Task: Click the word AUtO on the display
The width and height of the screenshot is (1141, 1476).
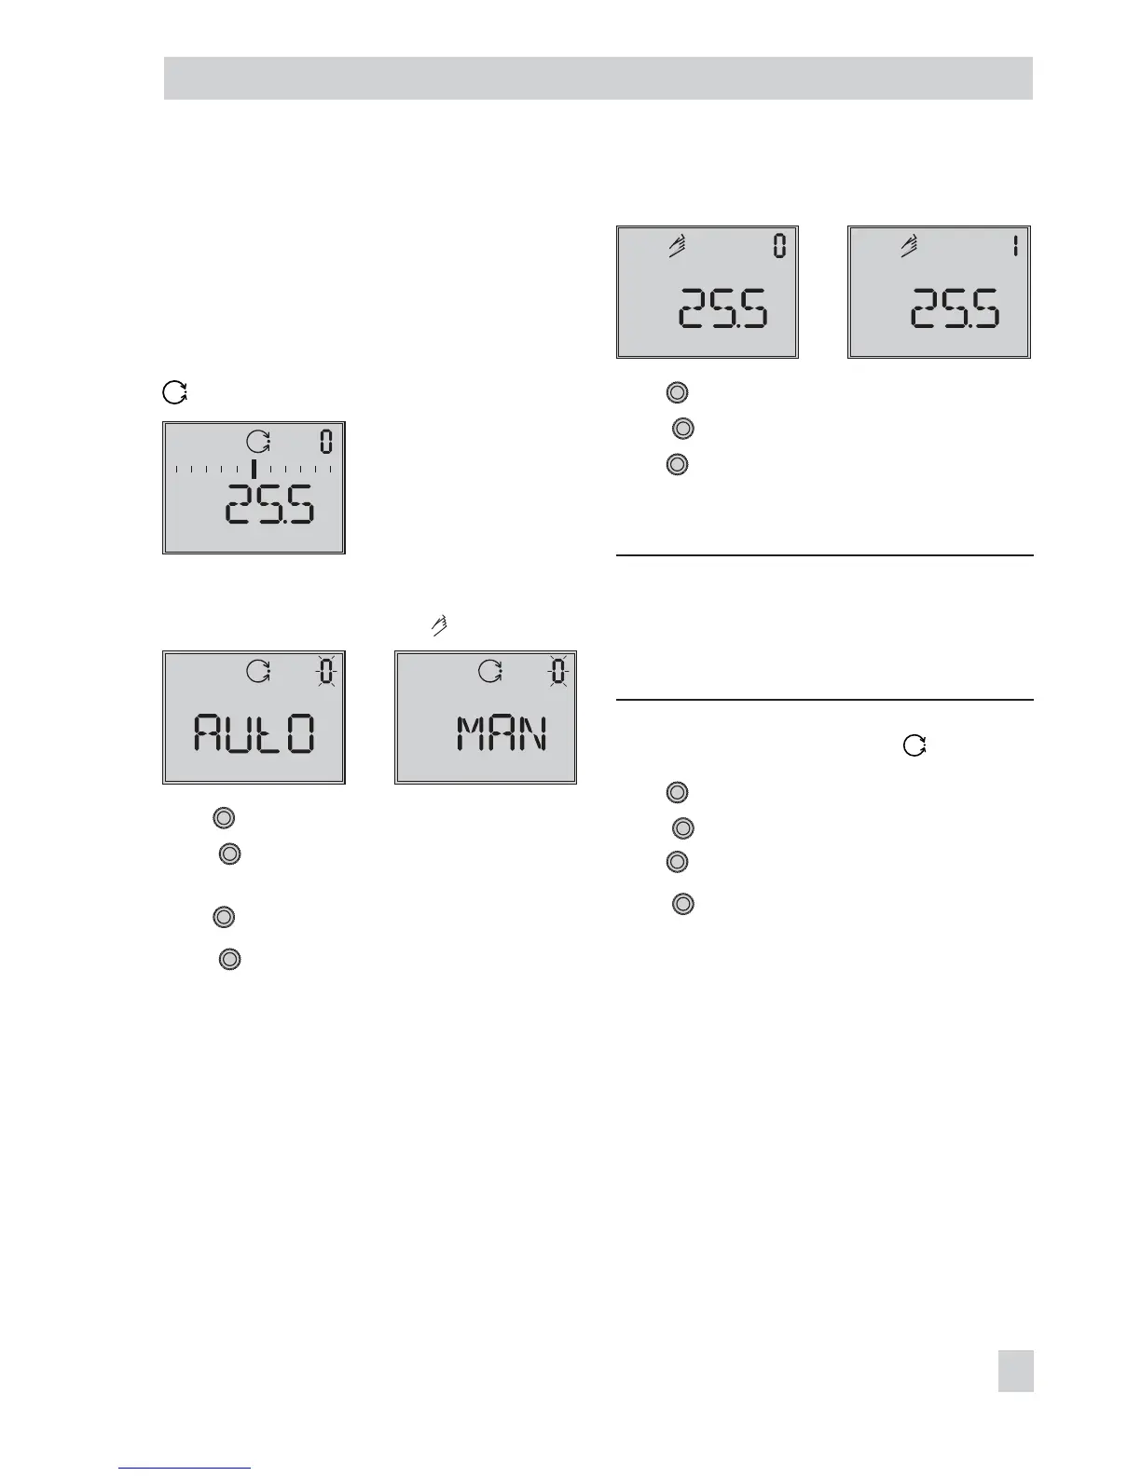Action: click(254, 733)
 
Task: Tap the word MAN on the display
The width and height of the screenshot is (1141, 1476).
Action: click(501, 733)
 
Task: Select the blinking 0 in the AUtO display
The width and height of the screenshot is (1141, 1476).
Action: click(326, 671)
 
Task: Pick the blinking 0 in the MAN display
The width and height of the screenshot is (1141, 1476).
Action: click(557, 671)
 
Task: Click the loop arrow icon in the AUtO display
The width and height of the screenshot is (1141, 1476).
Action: click(258, 671)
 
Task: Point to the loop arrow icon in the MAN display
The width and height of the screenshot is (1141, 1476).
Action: click(490, 671)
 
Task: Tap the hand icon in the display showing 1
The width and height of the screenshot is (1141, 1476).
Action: click(909, 246)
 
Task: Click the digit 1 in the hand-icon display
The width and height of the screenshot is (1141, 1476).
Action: click(1014, 247)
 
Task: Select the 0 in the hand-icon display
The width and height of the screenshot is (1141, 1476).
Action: click(779, 247)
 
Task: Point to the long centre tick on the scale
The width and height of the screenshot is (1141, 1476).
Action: click(253, 468)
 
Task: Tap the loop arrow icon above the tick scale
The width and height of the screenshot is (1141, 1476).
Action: click(257, 442)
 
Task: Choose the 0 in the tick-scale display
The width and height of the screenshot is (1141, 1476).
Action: click(326, 442)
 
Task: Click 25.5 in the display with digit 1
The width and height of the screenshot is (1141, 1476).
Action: click(955, 308)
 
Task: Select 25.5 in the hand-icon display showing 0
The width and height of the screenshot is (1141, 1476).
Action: click(723, 308)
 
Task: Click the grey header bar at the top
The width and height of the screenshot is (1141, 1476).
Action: click(598, 78)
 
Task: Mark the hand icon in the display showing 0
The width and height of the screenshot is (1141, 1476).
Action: click(678, 246)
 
